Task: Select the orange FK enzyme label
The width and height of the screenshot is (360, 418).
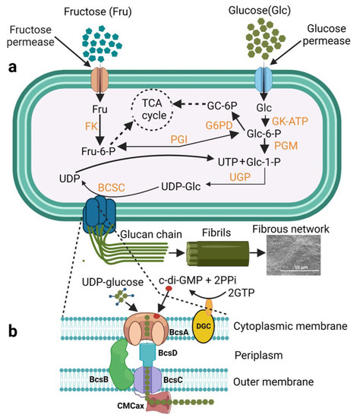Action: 91,126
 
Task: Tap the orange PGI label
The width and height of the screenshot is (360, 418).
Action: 178,139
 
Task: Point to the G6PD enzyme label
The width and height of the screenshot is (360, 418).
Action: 219,125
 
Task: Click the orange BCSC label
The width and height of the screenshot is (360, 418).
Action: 112,188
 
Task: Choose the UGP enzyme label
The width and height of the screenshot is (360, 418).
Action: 240,177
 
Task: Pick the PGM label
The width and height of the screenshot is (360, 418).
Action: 286,146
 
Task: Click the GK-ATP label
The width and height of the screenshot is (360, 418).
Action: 290,122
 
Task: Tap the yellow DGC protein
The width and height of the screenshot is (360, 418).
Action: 204,326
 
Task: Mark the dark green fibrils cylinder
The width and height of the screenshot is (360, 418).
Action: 217,254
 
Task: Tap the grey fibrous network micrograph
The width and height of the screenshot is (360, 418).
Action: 293,255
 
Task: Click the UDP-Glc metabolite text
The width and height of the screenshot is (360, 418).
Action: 181,187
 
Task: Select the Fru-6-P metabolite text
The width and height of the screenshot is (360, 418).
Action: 98,151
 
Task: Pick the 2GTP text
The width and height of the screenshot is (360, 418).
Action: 242,293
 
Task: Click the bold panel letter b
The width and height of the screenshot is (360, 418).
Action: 12,331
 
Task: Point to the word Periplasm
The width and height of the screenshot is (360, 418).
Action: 258,356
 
